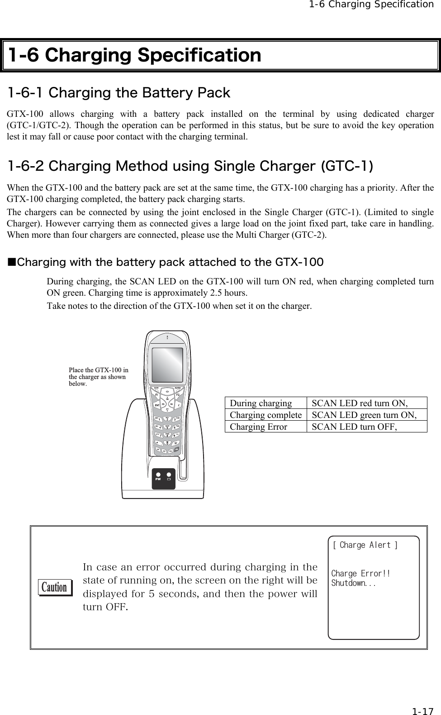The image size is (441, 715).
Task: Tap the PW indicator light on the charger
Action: (x=158, y=475)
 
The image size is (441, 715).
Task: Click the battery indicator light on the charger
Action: (x=169, y=475)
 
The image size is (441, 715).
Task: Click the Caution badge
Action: (x=55, y=587)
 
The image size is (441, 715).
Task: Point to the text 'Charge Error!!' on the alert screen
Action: (x=360, y=574)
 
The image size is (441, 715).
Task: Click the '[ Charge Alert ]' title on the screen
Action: (x=365, y=545)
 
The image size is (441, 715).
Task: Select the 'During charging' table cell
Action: (x=261, y=403)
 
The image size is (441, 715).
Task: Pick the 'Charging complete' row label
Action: (x=266, y=415)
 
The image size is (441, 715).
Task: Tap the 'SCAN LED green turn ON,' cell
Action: (x=364, y=415)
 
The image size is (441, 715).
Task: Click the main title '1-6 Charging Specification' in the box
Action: (x=135, y=55)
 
